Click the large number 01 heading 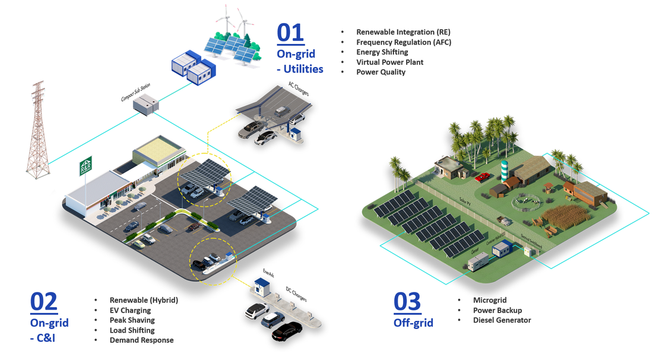290,33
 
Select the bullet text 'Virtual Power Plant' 389,62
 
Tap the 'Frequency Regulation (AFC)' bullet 404,42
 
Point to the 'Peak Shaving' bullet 131,320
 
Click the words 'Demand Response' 141,340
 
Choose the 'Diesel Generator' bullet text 502,320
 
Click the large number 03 407,302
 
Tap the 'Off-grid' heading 413,323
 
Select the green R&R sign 86,165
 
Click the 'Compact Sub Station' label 135,93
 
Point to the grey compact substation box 145,106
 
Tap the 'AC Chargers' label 299,89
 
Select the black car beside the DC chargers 287,331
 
